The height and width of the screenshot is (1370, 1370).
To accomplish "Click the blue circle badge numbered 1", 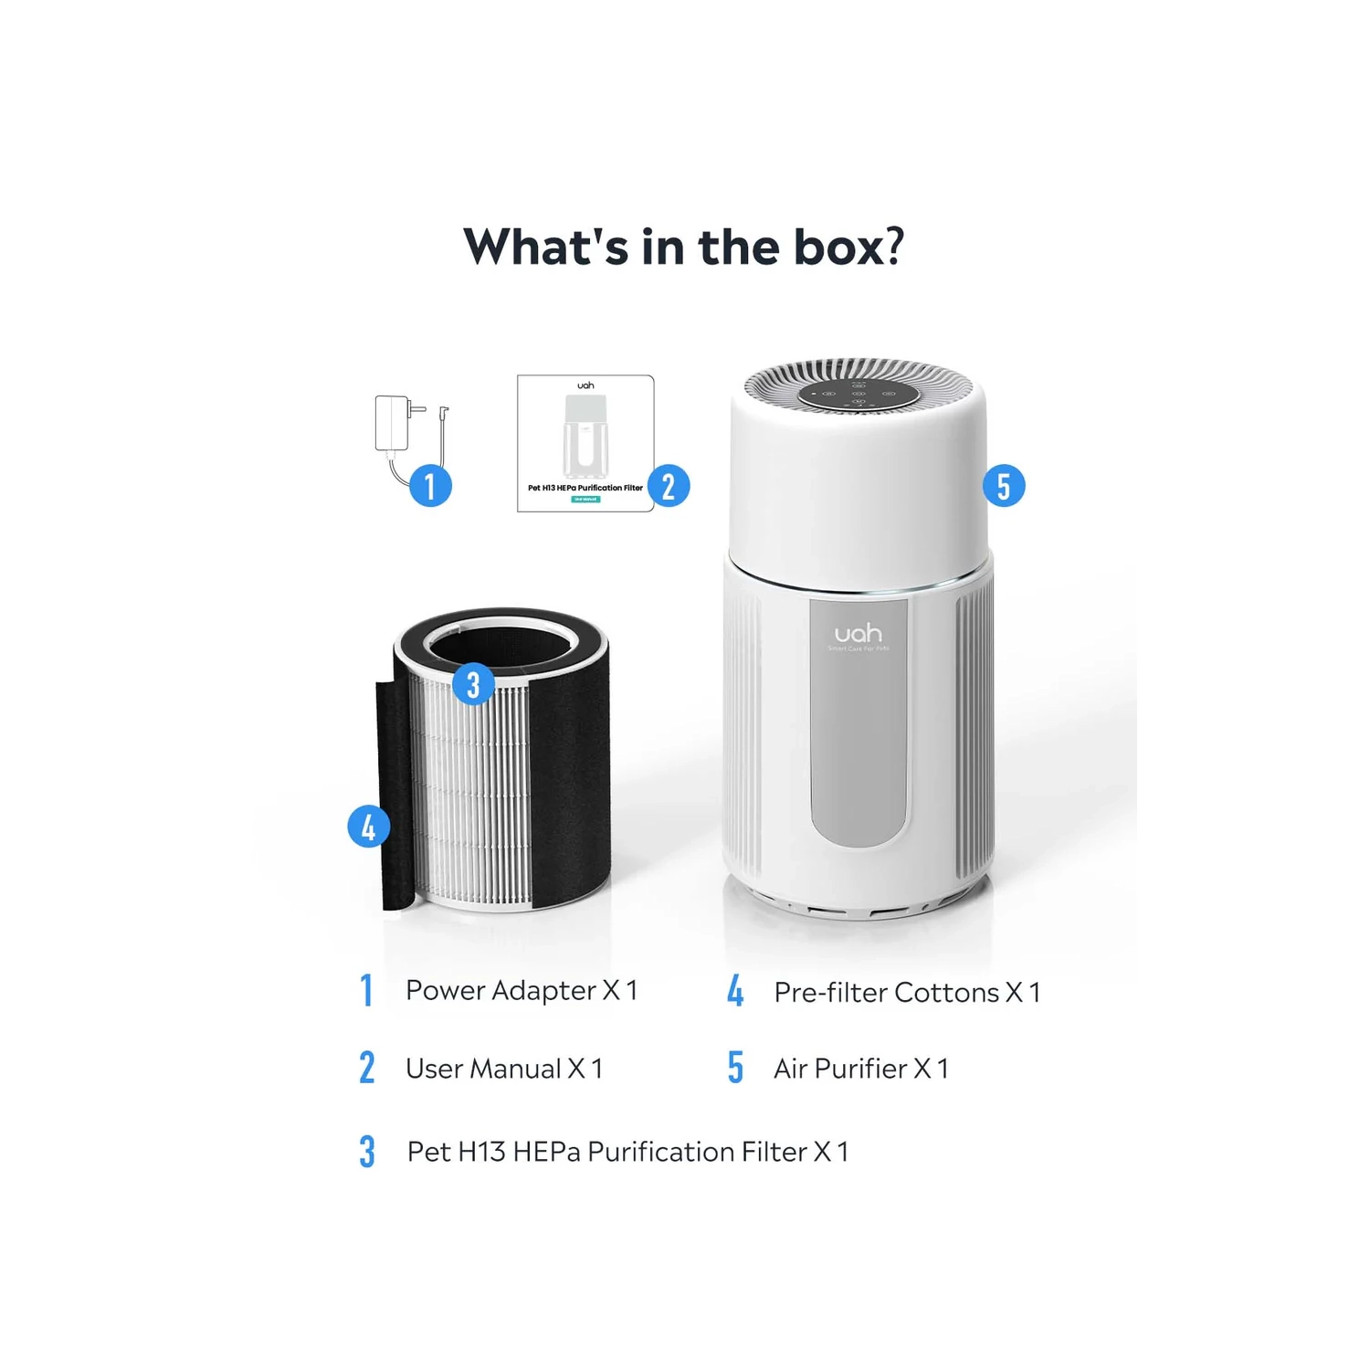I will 430,486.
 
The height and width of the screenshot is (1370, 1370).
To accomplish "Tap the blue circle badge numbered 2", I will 669,486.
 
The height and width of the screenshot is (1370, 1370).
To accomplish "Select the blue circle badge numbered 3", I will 473,684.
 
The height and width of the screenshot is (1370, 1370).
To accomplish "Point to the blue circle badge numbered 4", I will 369,827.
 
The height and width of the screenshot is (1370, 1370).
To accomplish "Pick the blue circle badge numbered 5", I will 1004,486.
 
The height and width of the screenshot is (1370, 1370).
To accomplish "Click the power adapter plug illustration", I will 394,424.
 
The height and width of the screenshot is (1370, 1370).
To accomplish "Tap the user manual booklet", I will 585,443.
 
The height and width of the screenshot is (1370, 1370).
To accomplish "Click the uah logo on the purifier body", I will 858,633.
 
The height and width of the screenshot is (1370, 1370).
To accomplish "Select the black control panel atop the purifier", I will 859,395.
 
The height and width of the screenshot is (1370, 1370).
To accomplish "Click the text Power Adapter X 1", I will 522,990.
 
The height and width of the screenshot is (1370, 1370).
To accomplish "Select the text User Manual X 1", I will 504,1069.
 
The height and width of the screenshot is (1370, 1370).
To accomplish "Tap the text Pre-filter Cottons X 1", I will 907,992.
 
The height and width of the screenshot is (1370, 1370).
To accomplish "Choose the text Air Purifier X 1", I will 861,1069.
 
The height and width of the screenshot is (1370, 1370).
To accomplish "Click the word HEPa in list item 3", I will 546,1152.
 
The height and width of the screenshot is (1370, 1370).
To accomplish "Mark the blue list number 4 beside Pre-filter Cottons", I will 735,992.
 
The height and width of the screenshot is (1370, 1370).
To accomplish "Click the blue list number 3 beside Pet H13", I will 367,1152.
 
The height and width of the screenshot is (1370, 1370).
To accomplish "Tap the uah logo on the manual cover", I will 585,385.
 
